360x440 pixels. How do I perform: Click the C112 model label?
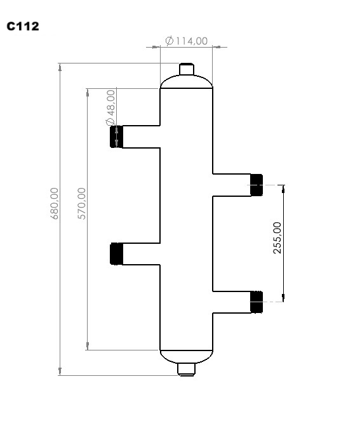pos(23,27)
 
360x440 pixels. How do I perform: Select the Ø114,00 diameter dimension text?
pos(186,41)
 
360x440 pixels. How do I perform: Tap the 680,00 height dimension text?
pos(55,203)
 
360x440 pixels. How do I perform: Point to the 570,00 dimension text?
pos(81,203)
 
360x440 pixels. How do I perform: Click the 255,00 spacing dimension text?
pos(277,238)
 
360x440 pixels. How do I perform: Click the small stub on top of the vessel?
pos(185,69)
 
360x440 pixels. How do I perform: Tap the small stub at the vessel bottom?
pos(185,369)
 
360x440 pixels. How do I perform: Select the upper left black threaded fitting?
pos(115,137)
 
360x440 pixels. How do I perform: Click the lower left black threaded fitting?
pos(116,254)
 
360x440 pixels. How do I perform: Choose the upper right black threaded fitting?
pos(257,184)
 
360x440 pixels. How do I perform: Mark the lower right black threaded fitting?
pos(257,302)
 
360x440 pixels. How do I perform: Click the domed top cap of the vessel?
pos(185,82)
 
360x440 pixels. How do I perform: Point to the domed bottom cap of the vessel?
pos(185,356)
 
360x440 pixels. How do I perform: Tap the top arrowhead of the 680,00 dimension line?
pos(60,67)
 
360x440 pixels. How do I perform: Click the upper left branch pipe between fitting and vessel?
pos(140,137)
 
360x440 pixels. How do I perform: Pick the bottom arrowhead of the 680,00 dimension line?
pos(60,371)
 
